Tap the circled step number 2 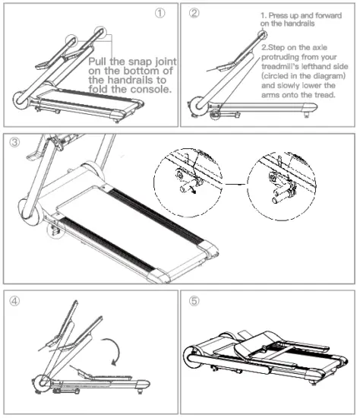pos(194,14)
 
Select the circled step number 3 pos(14,142)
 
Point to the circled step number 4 pos(14,300)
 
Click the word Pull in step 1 pos(103,62)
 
